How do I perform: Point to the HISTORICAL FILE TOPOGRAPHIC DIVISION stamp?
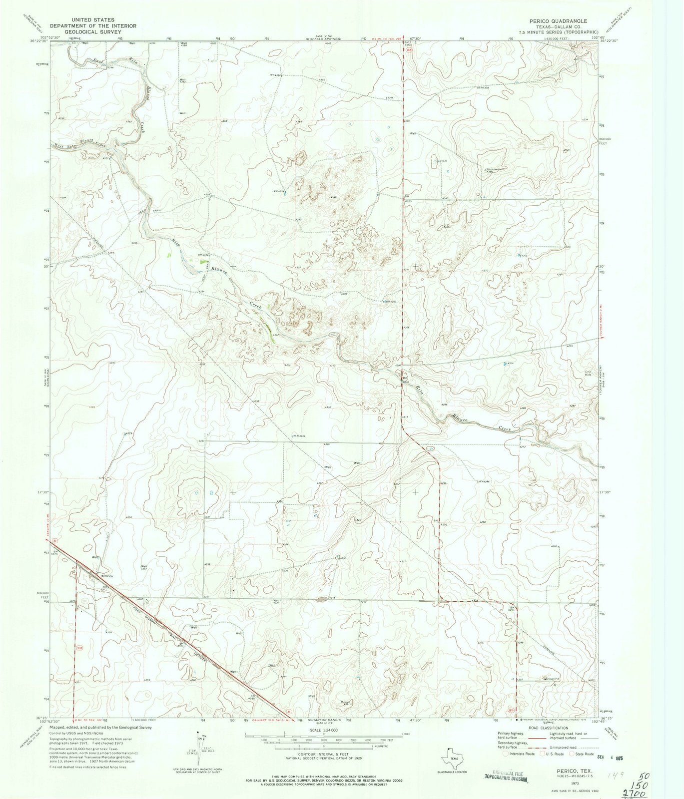point(505,776)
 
